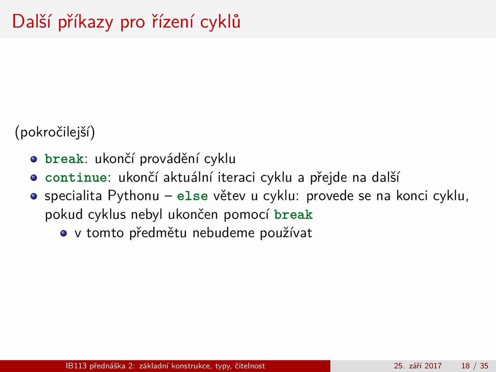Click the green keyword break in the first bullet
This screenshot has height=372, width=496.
pyautogui.click(x=64, y=159)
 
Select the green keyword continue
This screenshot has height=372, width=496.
pyautogui.click(x=76, y=177)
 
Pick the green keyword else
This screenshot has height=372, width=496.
pyautogui.click(x=192, y=196)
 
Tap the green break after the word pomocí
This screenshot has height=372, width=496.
pyautogui.click(x=294, y=215)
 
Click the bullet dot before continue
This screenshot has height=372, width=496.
pyautogui.click(x=34, y=178)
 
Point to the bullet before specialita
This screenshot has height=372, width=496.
pyautogui.click(x=34, y=196)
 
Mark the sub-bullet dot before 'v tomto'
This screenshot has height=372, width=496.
pyautogui.click(x=64, y=233)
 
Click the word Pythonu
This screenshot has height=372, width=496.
pyautogui.click(x=134, y=196)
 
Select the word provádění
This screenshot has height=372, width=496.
pyautogui.click(x=169, y=159)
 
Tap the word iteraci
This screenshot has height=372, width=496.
pyautogui.click(x=236, y=177)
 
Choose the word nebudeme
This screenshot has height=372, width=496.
pyautogui.click(x=224, y=233)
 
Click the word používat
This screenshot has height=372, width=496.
pyautogui.click(x=286, y=233)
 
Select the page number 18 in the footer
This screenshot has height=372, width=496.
pyautogui.click(x=465, y=366)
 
